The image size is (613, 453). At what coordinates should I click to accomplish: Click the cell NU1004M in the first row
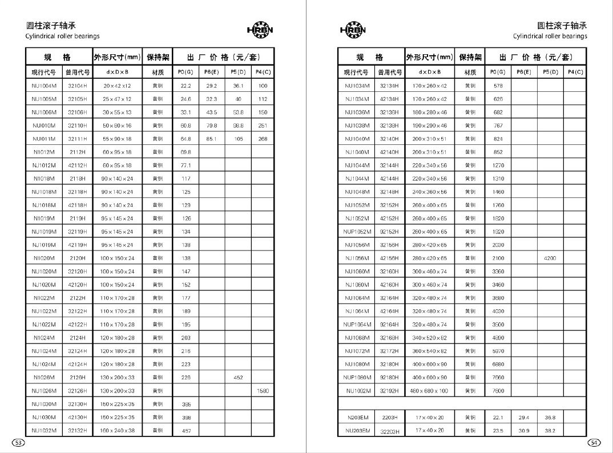pyautogui.click(x=43, y=86)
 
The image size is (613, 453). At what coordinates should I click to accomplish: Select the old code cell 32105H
pyautogui.click(x=77, y=99)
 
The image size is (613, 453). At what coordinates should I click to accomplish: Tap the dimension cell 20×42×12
pyautogui.click(x=117, y=86)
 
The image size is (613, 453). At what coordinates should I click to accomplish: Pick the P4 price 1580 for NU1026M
pyautogui.click(x=263, y=391)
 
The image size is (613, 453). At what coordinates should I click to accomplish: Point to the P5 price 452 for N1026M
pyautogui.click(x=238, y=378)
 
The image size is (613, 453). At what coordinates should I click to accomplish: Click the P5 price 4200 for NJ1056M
pyautogui.click(x=550, y=258)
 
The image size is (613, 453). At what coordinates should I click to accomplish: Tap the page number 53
pyautogui.click(x=18, y=443)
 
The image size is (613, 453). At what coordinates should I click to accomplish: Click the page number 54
pyautogui.click(x=595, y=443)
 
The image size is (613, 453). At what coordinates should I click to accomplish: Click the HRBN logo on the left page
pyautogui.click(x=260, y=30)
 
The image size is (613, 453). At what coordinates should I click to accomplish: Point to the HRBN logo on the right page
pyautogui.click(x=353, y=30)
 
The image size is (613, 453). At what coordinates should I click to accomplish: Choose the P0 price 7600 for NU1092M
pyautogui.click(x=498, y=391)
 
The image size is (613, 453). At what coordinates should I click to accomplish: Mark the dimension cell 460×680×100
pyautogui.click(x=430, y=391)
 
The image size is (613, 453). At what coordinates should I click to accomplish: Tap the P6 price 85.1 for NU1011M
pyautogui.click(x=211, y=139)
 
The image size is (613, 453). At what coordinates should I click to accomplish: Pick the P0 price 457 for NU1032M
pyautogui.click(x=185, y=431)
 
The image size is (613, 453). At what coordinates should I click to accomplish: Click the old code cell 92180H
pyautogui.click(x=389, y=378)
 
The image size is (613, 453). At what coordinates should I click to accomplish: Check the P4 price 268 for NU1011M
pyautogui.click(x=263, y=139)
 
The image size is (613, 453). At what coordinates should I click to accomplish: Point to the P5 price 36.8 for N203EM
pyautogui.click(x=550, y=418)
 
